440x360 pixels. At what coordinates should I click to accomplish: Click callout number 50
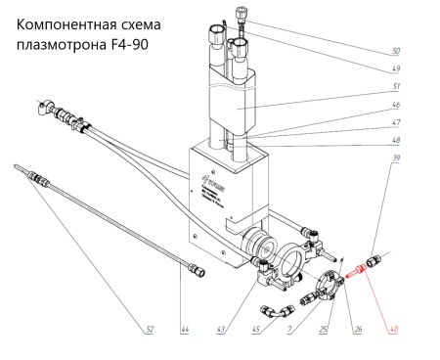[395, 50]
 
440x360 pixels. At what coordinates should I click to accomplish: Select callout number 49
[395, 69]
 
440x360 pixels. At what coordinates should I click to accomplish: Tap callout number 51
[396, 89]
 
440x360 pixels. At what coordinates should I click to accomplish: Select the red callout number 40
[395, 330]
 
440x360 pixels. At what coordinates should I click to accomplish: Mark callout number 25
[324, 330]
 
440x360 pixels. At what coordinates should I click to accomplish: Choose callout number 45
[255, 330]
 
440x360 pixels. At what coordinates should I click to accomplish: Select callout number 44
[185, 330]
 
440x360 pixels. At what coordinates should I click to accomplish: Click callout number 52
[149, 330]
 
